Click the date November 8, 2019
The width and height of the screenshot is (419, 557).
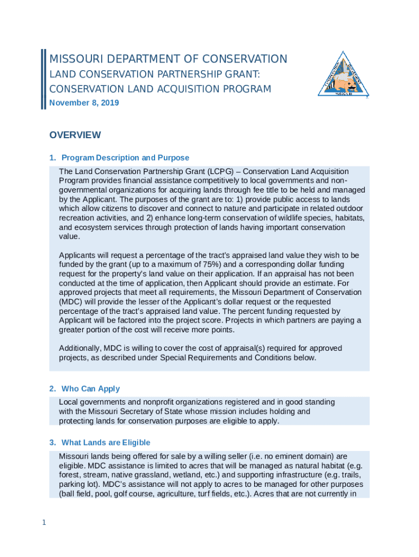[x=84, y=103]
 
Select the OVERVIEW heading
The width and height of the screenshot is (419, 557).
[x=75, y=135]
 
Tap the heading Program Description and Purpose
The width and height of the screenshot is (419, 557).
[x=125, y=158]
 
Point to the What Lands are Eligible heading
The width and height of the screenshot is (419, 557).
[x=106, y=443]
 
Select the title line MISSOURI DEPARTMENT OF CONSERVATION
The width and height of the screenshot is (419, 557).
[x=168, y=59]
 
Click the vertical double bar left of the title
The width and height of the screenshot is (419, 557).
[x=43, y=79]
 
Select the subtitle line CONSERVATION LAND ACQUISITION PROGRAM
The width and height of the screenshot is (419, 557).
[x=160, y=89]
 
